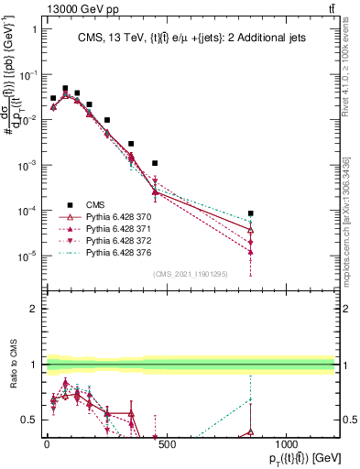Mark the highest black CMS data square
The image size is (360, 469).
pos(65,89)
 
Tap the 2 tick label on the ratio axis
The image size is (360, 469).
pos(33,309)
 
